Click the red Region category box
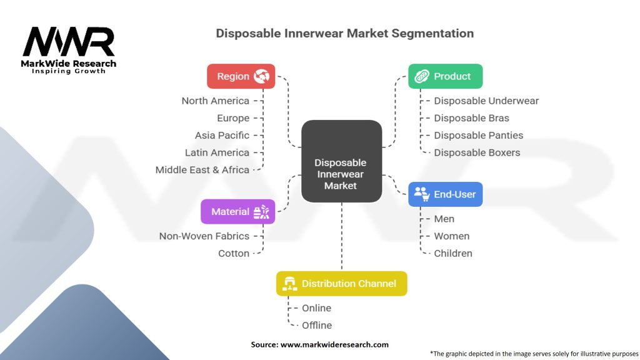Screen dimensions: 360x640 241,76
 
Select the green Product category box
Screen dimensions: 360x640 445,76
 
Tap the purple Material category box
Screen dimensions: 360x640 237,212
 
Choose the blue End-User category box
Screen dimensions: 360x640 445,194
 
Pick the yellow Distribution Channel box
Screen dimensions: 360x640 341,284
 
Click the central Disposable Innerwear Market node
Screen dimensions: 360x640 341,174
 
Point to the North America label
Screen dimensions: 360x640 215,101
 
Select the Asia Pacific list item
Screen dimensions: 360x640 222,135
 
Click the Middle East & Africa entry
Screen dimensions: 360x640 202,169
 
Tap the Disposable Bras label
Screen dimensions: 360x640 471,118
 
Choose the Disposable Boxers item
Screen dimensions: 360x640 477,152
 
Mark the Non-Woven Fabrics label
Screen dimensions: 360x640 204,236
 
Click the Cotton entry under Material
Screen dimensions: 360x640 233,253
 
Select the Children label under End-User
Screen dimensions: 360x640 453,253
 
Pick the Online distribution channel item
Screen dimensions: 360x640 316,308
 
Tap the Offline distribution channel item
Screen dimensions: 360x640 317,325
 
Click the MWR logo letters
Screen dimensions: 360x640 69,42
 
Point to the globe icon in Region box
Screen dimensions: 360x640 261,76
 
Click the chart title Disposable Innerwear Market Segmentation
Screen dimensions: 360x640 344,33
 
